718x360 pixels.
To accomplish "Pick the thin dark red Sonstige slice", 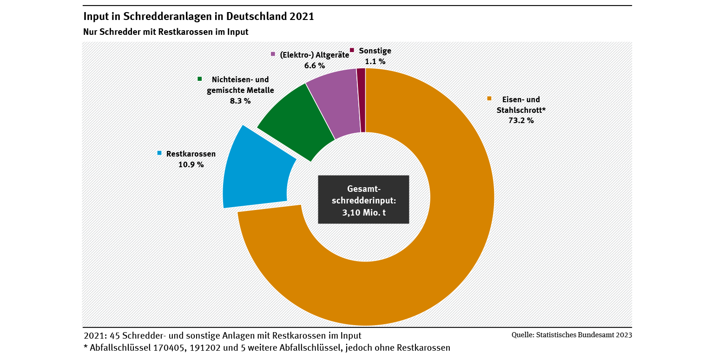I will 362,100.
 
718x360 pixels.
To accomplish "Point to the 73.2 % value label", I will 521,120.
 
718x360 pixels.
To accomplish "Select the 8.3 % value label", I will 240,101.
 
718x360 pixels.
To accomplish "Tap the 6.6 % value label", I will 315,65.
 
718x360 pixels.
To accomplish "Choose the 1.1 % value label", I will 375,61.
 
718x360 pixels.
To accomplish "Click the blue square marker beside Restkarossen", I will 159,153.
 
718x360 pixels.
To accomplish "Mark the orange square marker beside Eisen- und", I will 489,98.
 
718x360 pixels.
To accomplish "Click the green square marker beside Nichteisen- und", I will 199,79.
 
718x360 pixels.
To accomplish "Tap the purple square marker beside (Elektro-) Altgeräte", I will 273,54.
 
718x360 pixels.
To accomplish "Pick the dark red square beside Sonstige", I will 352,50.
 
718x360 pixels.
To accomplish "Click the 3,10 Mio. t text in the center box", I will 363,212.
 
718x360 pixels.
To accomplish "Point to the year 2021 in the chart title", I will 302,16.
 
